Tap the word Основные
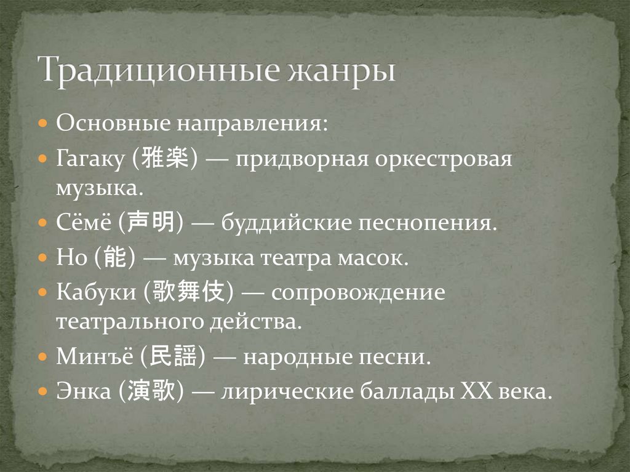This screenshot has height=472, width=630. pos(113,123)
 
